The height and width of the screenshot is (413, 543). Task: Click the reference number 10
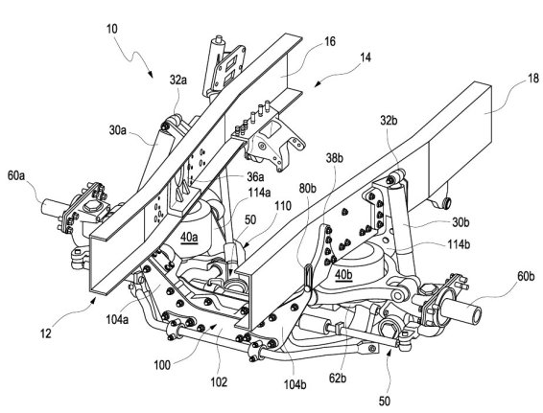coord(112,29)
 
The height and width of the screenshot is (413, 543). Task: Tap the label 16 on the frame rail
coord(330,41)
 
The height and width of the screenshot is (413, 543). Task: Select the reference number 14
coord(365,57)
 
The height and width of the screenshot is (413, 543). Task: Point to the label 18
coord(533,79)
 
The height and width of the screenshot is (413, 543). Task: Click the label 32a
coord(178,80)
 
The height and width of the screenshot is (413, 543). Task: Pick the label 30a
coord(118,130)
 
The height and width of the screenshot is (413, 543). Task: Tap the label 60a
coord(16,175)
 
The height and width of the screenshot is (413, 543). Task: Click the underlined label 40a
coord(189,238)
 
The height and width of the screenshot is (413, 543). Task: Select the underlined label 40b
coord(343,275)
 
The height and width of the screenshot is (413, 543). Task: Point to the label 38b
coord(334,158)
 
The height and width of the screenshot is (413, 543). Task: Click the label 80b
coord(308,189)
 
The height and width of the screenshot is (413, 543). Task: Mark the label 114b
coord(459,244)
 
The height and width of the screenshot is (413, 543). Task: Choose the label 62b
coord(338,379)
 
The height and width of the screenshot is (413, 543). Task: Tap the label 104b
coord(295,384)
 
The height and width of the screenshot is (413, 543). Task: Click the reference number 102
coord(219,382)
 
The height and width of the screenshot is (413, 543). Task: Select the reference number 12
coord(46,333)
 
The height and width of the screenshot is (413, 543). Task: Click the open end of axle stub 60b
coord(477,314)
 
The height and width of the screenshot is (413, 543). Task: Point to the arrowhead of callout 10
coord(151,75)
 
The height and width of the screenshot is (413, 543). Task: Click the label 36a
coord(255,177)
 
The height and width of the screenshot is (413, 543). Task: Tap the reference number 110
coord(283,206)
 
